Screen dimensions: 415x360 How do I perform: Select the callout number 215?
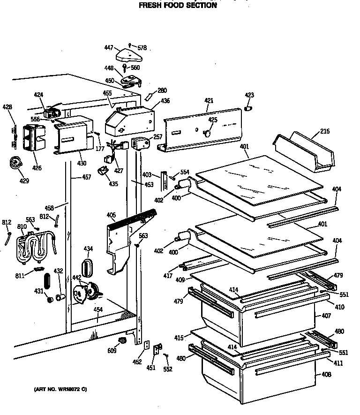point(324,132)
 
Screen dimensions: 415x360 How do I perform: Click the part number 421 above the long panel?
point(209,101)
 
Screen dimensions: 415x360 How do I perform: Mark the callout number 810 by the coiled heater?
point(22,226)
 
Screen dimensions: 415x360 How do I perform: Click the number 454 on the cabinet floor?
point(97,310)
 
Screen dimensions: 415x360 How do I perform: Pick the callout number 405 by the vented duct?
point(111,215)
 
